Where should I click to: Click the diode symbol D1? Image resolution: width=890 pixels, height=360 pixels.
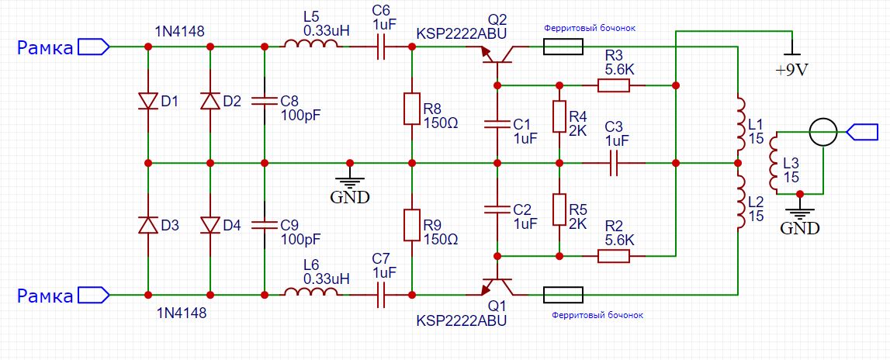click(x=148, y=101)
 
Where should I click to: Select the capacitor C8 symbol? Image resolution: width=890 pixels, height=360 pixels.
click(x=265, y=100)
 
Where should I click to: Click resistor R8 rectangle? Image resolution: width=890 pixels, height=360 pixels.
click(x=412, y=109)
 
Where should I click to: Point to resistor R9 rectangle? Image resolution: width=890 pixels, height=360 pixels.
click(x=412, y=223)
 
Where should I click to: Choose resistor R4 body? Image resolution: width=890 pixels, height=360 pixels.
click(x=559, y=116)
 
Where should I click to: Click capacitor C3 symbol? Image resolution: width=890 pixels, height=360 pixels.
click(x=614, y=163)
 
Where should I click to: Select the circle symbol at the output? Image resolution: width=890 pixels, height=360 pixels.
click(x=823, y=133)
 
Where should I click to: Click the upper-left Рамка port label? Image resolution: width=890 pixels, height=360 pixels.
click(x=47, y=47)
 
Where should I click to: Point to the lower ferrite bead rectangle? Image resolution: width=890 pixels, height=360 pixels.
click(x=563, y=295)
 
